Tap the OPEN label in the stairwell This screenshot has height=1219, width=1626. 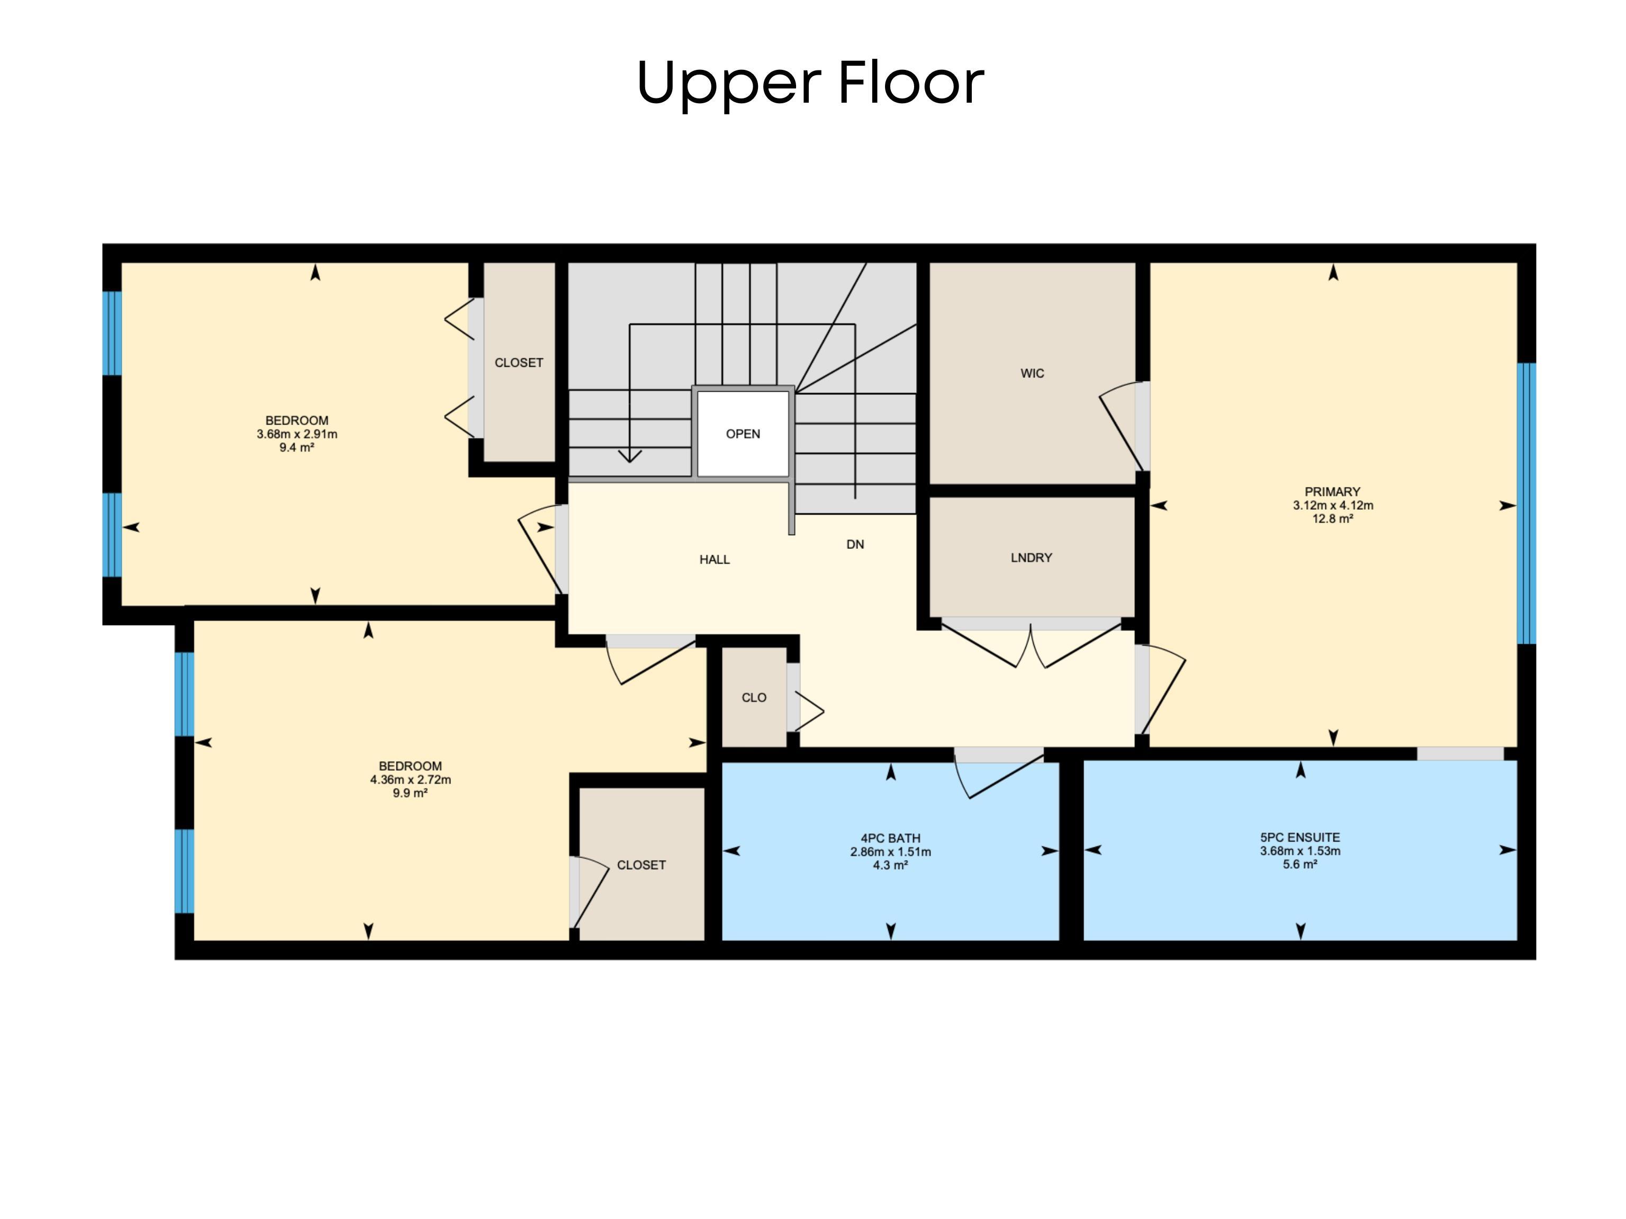click(x=743, y=434)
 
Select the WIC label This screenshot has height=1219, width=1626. click(x=1032, y=374)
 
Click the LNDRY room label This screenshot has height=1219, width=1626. click(x=1031, y=558)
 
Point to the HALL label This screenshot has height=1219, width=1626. click(x=715, y=559)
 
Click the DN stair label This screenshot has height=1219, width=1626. click(x=855, y=544)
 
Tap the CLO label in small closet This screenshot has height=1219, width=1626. click(x=754, y=698)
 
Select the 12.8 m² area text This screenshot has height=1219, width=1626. click(x=1333, y=518)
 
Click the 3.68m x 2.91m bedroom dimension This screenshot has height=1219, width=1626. click(x=297, y=434)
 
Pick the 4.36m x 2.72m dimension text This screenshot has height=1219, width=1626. click(x=410, y=779)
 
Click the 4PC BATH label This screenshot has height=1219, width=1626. click(x=890, y=838)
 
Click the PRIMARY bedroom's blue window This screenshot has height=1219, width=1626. click(x=1527, y=503)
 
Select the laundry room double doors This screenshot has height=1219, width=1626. click(x=1031, y=643)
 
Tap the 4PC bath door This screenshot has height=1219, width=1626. click(x=998, y=772)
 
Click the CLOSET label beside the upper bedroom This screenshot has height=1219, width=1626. click(x=519, y=363)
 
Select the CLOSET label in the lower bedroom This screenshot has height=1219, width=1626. click(x=641, y=865)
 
